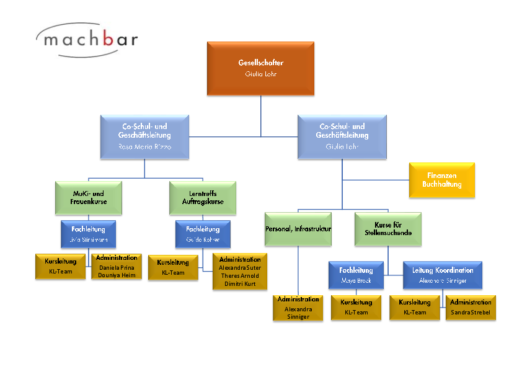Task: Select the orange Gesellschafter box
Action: [x=260, y=68]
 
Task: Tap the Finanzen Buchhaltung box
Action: [x=442, y=180]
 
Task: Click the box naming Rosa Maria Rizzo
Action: [x=144, y=136]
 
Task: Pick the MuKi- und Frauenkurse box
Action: [x=88, y=197]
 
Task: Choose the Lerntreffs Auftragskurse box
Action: [x=203, y=197]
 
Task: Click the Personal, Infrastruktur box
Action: [x=298, y=229]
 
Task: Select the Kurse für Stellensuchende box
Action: [x=388, y=229]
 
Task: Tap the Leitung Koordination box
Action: [x=443, y=275]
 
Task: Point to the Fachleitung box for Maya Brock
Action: [x=356, y=275]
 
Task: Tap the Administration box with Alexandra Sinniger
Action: [x=298, y=308]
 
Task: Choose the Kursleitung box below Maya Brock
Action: [x=356, y=307]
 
